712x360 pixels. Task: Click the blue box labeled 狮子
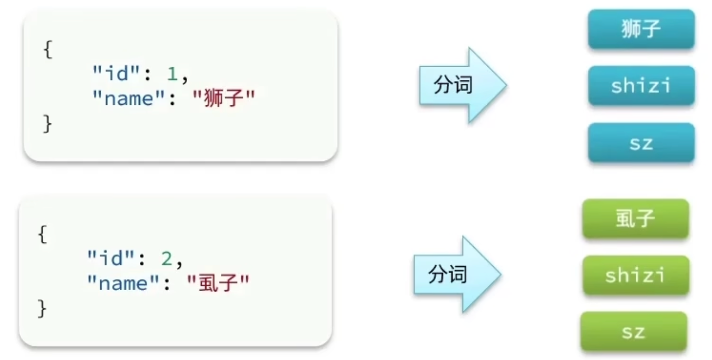pos(641,29)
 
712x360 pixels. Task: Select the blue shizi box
pos(641,86)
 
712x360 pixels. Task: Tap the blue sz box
pos(641,142)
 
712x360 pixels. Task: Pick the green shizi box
pos(635,275)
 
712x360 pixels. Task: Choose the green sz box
pos(634,331)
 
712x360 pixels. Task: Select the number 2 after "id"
pos(166,259)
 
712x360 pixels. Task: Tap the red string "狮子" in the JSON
pos(222,98)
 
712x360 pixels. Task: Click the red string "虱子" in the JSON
pos(218,283)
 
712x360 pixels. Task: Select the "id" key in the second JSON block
pos(112,259)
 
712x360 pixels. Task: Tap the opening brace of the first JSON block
pos(48,51)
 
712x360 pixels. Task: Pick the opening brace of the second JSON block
pos(42,235)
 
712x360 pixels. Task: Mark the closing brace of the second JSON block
pos(42,308)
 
